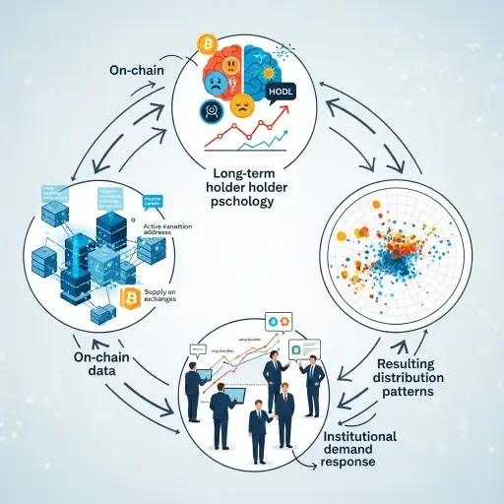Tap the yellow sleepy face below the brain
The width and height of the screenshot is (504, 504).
[242, 106]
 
